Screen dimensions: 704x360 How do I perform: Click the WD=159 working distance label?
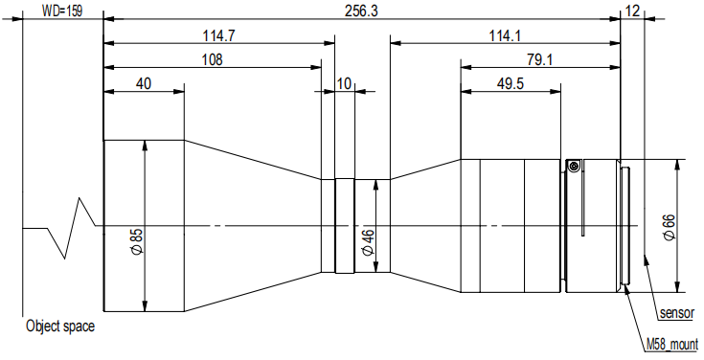point(62,11)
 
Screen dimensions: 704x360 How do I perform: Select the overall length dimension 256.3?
point(361,11)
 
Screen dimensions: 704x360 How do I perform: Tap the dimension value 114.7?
point(218,35)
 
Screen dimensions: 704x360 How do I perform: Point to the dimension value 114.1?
point(505,35)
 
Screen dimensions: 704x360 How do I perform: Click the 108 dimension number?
point(213,59)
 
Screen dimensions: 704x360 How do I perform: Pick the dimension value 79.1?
point(539,59)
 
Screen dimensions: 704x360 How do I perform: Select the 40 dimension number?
point(144,84)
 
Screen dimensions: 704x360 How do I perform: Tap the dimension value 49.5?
point(511,84)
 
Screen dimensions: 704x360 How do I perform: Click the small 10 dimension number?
point(345,84)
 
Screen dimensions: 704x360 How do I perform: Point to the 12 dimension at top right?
point(632,11)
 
